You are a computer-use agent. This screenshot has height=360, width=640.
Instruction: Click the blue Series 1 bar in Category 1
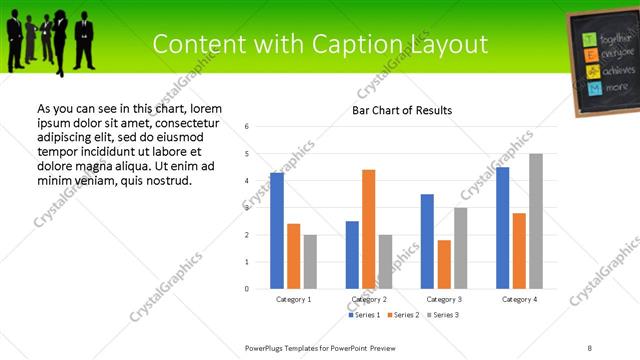point(277,231)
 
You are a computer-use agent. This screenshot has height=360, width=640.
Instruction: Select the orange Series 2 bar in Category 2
point(368,229)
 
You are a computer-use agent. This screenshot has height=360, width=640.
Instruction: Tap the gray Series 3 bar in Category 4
point(536,221)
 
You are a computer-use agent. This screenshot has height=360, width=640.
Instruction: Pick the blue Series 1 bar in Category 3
point(427,241)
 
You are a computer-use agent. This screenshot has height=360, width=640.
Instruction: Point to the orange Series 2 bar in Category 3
point(444,264)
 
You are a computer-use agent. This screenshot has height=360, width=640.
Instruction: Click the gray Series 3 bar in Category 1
point(310,262)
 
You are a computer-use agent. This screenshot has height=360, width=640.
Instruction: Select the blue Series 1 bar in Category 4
point(502,228)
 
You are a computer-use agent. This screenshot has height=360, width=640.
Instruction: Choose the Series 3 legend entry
point(445,315)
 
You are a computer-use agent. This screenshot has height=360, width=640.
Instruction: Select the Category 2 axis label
point(369,299)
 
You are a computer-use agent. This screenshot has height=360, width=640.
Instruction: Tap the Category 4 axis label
point(519,299)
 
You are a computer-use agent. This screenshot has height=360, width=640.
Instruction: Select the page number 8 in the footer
point(590,347)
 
